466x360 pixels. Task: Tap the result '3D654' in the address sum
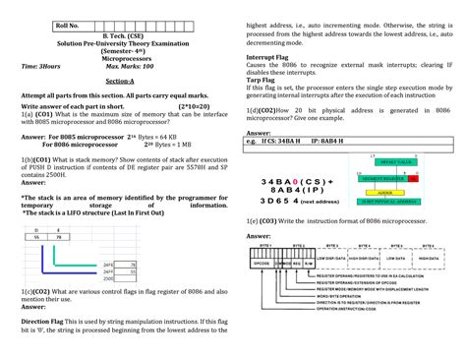278,200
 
